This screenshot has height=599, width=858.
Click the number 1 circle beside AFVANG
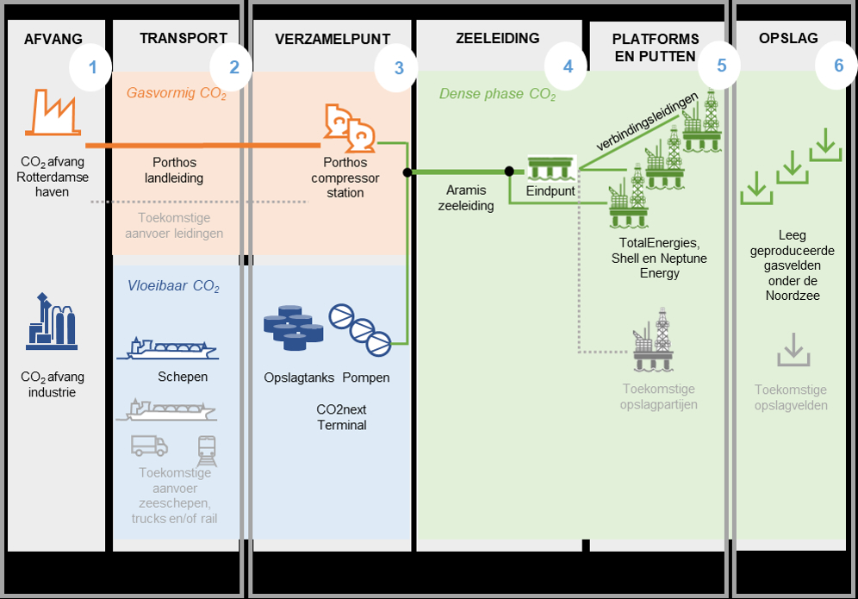pos(92,66)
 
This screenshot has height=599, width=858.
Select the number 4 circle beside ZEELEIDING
pos(568,66)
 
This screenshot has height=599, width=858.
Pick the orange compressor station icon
pos(348,128)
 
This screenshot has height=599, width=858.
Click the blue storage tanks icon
pos(293,326)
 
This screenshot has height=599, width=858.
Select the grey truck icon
pos(149,446)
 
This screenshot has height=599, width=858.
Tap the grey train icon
pos(207,448)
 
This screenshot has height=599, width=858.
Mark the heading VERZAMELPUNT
pos(333,39)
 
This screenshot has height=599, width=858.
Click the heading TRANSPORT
pos(183,39)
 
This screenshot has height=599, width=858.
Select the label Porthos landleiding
pos(174,171)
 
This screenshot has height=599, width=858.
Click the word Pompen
pos(366,377)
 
